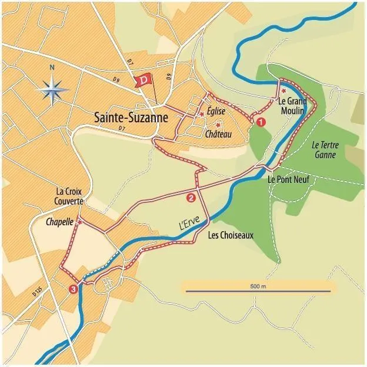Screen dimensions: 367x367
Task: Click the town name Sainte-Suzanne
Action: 131,117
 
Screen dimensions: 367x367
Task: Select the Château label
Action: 219,135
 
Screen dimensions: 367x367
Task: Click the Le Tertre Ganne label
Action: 324,150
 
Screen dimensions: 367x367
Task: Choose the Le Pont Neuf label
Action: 288,179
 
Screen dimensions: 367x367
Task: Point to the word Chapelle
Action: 59,222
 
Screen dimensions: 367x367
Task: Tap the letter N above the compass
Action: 52,68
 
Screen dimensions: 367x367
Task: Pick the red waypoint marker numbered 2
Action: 190,198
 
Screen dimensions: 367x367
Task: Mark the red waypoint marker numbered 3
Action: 73,289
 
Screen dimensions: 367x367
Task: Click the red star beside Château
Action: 218,125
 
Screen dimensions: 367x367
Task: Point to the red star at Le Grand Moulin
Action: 283,91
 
